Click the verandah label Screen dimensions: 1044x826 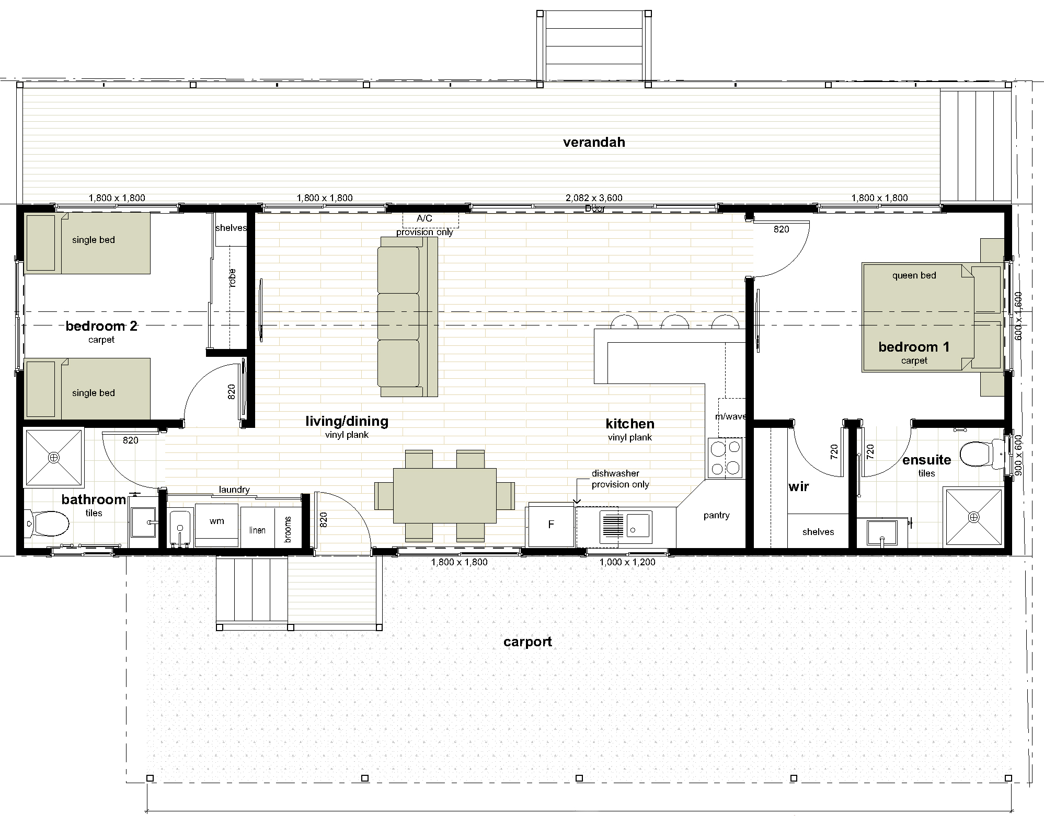594,142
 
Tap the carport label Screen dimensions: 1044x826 527,642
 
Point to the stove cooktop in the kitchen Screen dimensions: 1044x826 725,458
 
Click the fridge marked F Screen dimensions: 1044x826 551,525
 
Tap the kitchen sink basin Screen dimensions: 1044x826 638,524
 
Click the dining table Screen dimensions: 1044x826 444,495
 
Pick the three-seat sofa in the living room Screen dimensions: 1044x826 407,317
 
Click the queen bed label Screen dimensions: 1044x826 914,275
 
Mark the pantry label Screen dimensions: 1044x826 716,515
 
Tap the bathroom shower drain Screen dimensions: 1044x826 54,458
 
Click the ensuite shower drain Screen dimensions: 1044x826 973,517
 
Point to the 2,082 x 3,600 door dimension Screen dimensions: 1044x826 594,198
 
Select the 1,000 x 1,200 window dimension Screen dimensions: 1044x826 627,562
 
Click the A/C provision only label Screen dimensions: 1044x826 425,225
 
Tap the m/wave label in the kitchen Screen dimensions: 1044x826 730,416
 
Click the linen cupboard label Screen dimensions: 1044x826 257,530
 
